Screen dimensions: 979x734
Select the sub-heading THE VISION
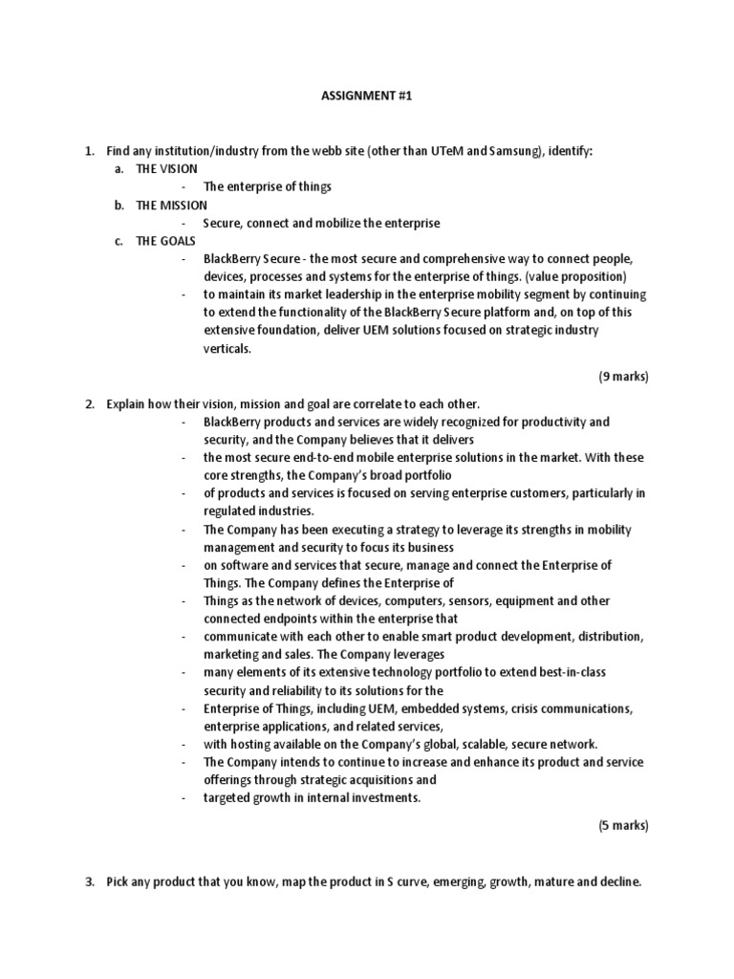(167, 168)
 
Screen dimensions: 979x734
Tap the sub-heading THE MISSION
(171, 205)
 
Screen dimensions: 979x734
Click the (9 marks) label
(623, 377)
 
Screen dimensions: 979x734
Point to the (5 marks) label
(623, 825)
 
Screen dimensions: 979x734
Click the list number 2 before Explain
(89, 403)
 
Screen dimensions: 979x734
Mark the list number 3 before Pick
(89, 881)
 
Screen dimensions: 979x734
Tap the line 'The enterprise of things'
(267, 186)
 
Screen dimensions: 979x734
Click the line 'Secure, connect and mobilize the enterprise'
(321, 223)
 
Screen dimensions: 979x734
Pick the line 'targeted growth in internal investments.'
(312, 798)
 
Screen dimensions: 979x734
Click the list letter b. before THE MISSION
(119, 205)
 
